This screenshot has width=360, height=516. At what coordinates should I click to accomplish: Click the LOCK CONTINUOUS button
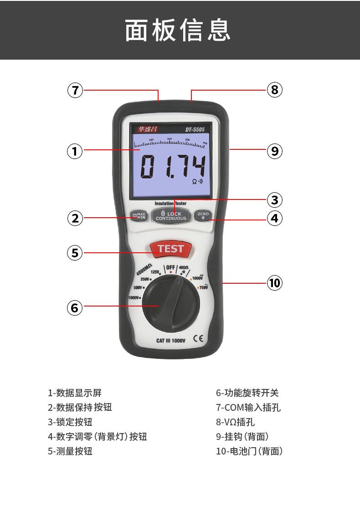171,216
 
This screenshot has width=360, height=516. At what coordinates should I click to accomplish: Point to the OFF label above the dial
170,267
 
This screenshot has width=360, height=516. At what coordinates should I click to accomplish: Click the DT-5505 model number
195,129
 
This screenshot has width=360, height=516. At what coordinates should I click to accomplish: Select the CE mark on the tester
198,339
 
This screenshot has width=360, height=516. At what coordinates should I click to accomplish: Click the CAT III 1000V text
171,340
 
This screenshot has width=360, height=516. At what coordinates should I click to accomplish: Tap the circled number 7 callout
75,90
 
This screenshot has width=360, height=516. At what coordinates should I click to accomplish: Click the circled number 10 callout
274,283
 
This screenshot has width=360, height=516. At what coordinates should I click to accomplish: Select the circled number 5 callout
75,252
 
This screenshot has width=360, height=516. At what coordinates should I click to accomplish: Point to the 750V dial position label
204,287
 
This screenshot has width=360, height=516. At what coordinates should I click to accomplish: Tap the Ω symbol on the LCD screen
195,181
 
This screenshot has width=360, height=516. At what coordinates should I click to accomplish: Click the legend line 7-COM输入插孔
248,407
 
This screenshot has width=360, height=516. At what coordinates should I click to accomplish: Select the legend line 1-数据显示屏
75,393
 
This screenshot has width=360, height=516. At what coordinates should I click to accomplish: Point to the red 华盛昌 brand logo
147,129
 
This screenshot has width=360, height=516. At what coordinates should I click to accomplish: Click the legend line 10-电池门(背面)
249,451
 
